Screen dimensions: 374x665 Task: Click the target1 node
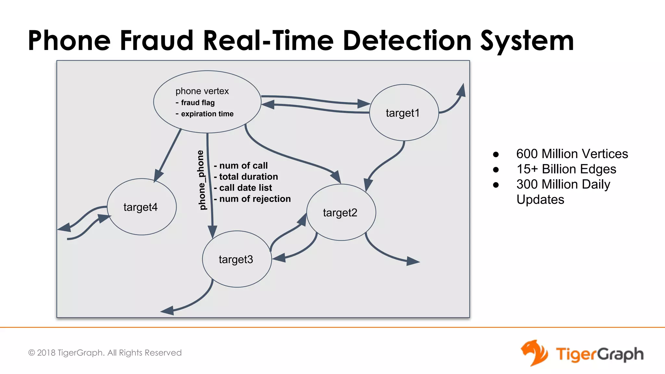404,113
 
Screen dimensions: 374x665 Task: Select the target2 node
341,212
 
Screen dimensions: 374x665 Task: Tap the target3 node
237,259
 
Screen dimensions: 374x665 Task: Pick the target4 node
142,207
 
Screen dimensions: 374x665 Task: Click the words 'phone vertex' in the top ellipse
202,91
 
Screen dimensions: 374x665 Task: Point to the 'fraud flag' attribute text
198,103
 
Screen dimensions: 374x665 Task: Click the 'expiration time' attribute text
207,114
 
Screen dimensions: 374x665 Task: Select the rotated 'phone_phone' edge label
201,180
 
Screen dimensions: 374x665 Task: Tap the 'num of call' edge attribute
243,166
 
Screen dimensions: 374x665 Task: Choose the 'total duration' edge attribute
248,177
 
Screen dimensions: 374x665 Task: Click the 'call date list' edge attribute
245,188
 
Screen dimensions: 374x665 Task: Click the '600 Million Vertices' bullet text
572,154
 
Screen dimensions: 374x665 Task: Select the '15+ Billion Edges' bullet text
566,169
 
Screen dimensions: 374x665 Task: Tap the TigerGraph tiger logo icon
534,353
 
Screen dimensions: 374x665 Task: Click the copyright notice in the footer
105,353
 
